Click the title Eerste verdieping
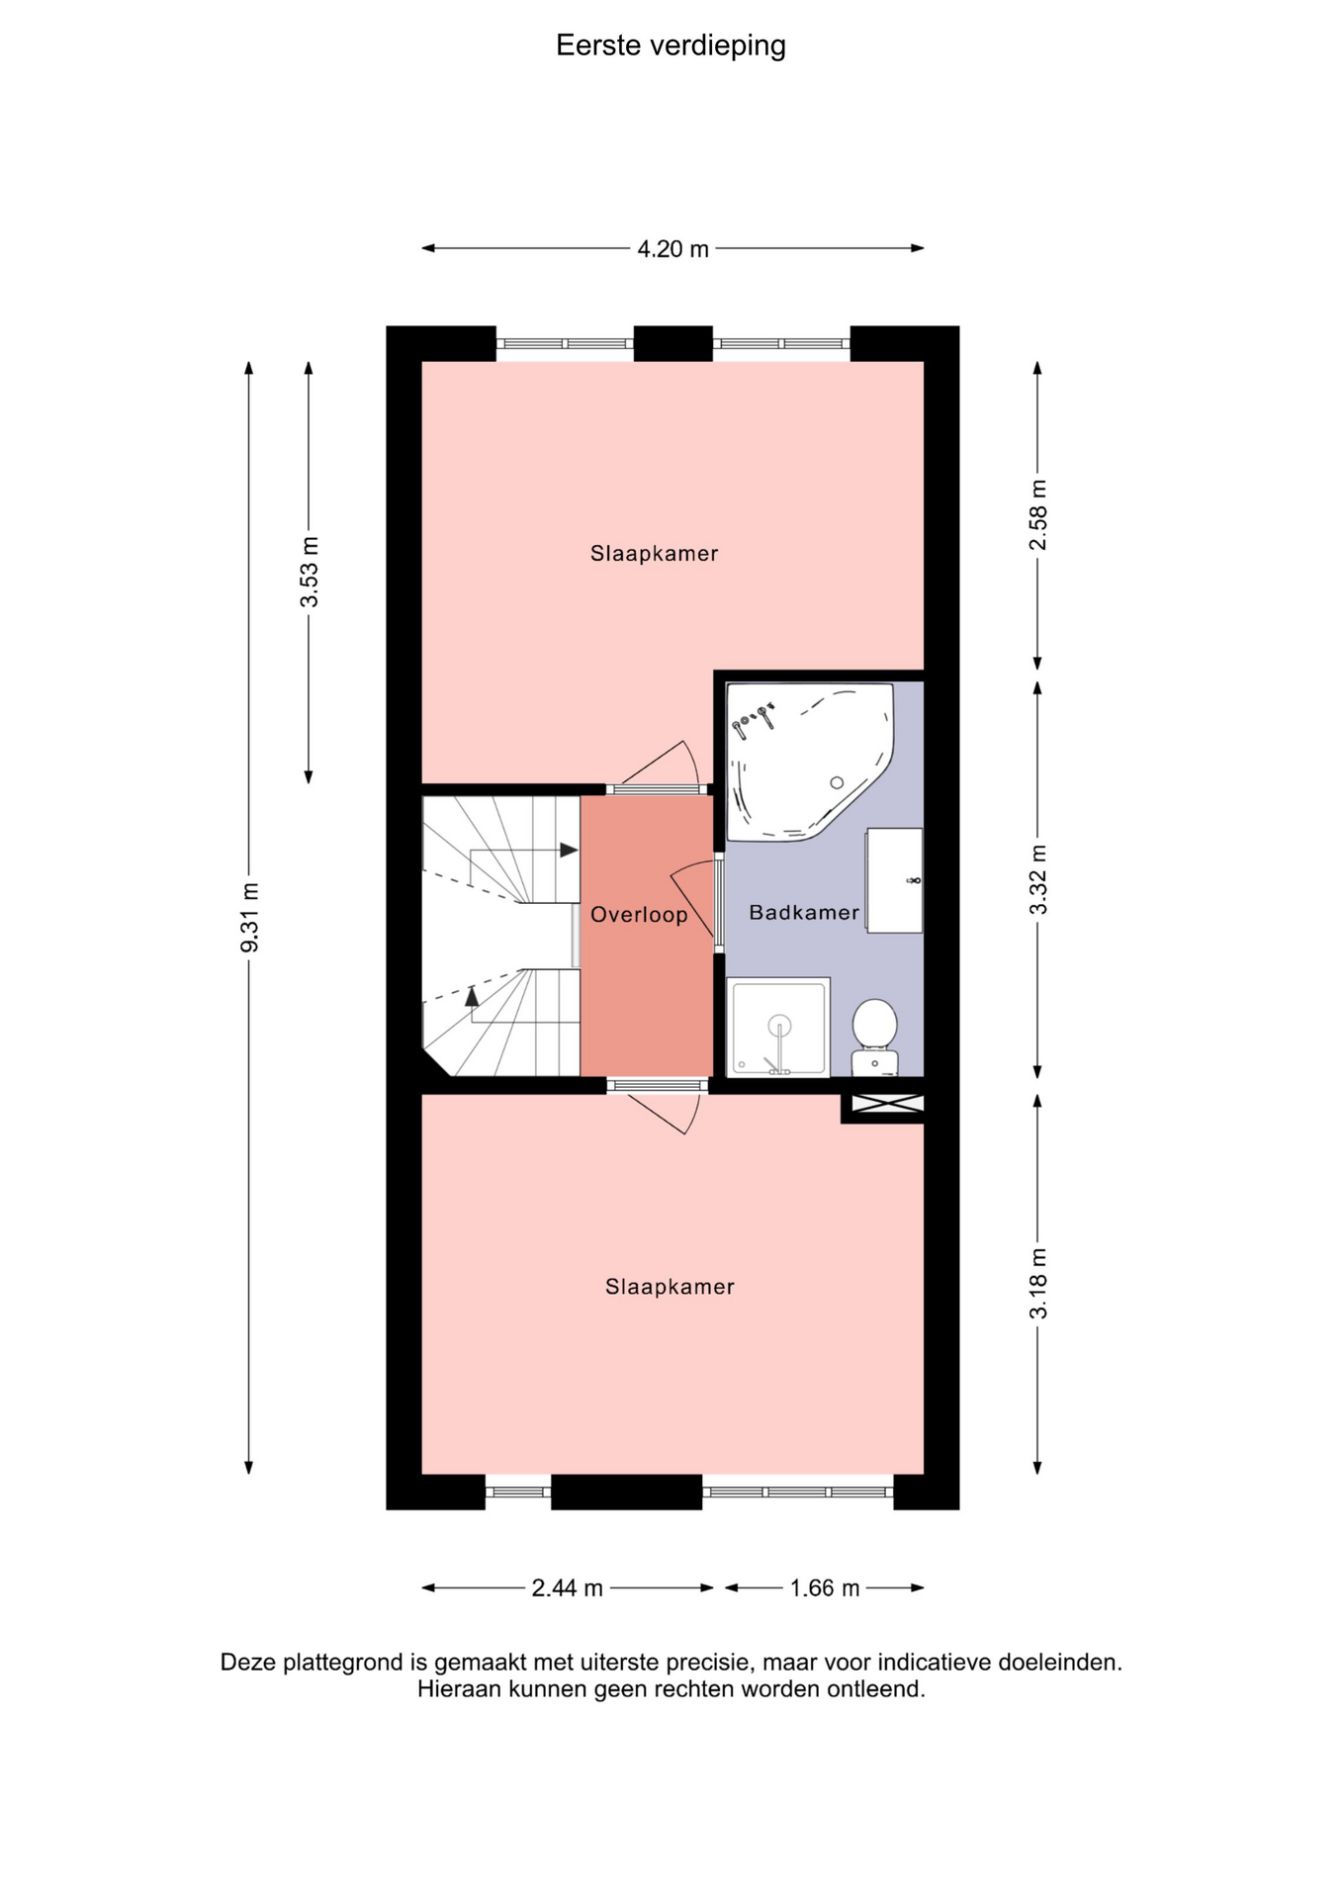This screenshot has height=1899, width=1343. tap(671, 45)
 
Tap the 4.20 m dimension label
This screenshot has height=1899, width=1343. tap(672, 249)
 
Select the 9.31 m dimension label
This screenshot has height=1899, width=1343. tap(250, 918)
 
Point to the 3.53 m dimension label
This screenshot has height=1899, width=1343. tap(310, 572)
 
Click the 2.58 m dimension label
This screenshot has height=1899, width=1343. tap(1038, 514)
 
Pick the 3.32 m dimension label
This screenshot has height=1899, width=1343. tap(1038, 880)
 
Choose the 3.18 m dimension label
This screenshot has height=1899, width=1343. tap(1038, 1284)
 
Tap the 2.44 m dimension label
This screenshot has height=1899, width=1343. tap(567, 1588)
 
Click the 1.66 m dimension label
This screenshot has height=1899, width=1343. tap(825, 1588)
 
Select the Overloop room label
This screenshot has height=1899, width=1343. tap(639, 915)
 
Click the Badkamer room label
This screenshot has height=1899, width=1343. tap(804, 913)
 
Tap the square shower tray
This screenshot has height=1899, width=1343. tap(778, 1027)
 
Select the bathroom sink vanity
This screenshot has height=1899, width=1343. tap(894, 880)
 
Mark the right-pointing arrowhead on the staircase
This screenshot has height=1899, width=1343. tap(569, 850)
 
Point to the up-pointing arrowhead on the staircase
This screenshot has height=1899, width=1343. tap(472, 996)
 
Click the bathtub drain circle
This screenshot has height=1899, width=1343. tap(837, 782)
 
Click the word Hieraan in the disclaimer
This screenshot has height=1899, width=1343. tap(459, 1689)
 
